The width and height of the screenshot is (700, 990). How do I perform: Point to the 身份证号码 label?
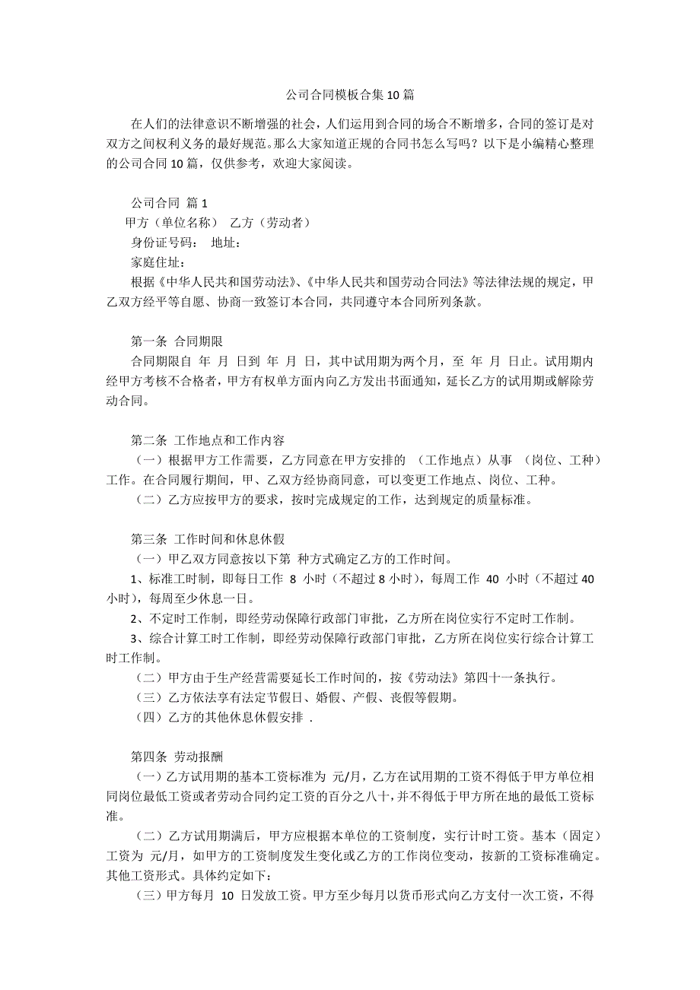[161, 243]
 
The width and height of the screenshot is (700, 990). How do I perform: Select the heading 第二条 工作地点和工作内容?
[208, 440]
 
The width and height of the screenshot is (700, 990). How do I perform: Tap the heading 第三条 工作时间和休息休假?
[208, 539]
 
